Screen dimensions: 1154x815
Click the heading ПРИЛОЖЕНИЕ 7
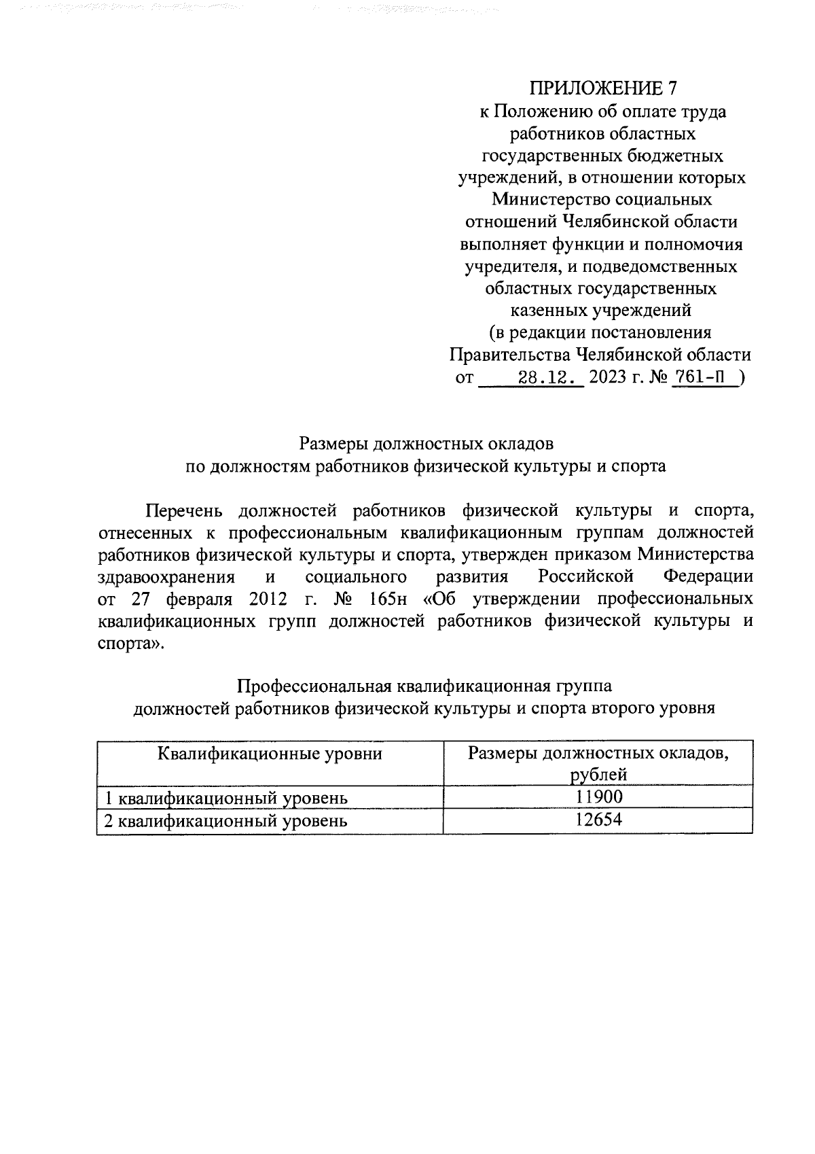pyautogui.click(x=603, y=89)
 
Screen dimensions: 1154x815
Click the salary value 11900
pyautogui.click(x=598, y=797)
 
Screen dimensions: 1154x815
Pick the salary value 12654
pyautogui.click(x=598, y=820)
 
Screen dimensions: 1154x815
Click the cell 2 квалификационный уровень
pyautogui.click(x=225, y=821)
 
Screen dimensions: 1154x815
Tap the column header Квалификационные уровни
pyautogui.click(x=270, y=754)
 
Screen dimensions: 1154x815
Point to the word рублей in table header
pyautogui.click(x=598, y=775)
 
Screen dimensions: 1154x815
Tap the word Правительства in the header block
pyautogui.click(x=510, y=355)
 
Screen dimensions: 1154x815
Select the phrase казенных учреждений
pyautogui.click(x=600, y=311)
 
